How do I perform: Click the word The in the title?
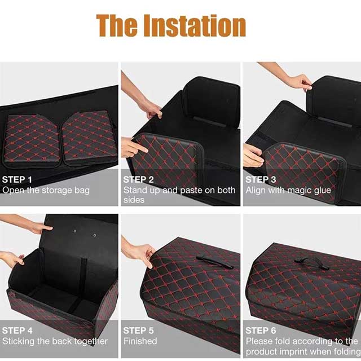pyautogui.click(x=117, y=25)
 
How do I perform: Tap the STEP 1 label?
pyautogui.click(x=17, y=179)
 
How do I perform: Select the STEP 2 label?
pyautogui.click(x=138, y=179)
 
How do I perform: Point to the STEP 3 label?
pyautogui.click(x=261, y=179)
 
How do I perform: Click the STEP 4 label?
pyautogui.click(x=17, y=331)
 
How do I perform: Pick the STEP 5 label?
pyautogui.click(x=138, y=331)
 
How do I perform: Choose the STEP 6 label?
pyautogui.click(x=261, y=331)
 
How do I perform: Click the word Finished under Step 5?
pyautogui.click(x=140, y=341)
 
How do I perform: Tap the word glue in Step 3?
pyautogui.click(x=322, y=191)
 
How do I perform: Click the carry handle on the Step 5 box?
pyautogui.click(x=214, y=262)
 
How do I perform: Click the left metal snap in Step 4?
pyautogui.click(x=75, y=231)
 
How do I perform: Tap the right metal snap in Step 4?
pyautogui.click(x=95, y=235)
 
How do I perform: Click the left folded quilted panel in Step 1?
pyautogui.click(x=32, y=140)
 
